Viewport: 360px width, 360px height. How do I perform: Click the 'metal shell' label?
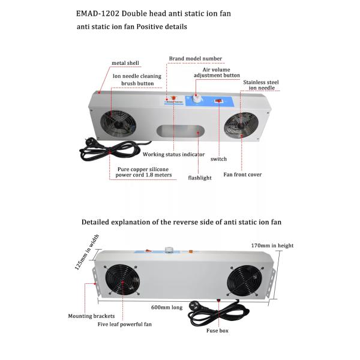click(x=125, y=63)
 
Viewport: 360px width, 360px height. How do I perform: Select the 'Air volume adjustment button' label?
click(x=216, y=73)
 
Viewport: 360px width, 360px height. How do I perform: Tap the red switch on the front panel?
click(x=220, y=101)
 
